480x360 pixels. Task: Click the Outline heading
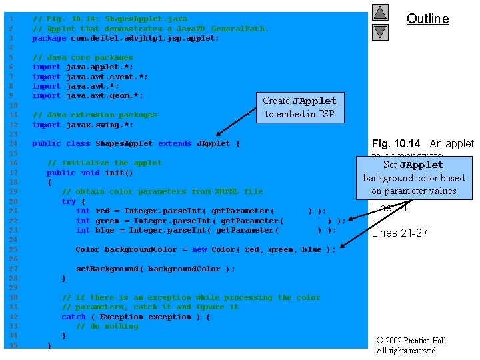427,19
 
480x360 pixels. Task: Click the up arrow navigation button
380,12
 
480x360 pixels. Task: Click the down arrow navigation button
380,31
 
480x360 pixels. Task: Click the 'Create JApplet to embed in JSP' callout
299,107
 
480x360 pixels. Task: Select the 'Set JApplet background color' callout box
413,177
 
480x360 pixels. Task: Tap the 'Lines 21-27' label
399,233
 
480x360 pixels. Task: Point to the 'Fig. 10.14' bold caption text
396,143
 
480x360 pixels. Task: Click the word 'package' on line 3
49,38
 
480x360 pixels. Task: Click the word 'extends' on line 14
174,143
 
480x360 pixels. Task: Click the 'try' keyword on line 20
68,201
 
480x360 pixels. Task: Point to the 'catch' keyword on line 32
73,317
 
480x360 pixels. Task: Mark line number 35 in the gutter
10,345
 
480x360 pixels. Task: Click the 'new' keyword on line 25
199,249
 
